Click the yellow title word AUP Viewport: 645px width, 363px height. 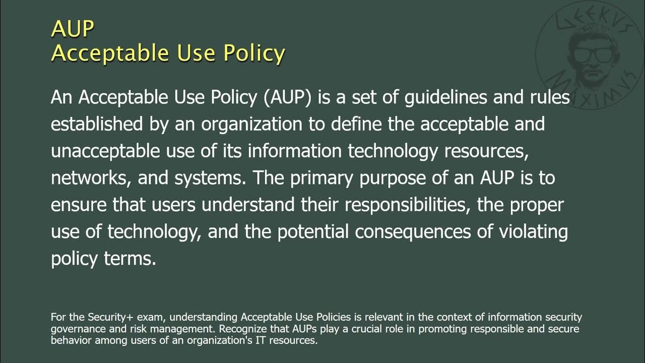(72, 29)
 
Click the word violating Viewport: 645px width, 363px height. (533, 231)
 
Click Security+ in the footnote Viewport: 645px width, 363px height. (107, 318)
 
